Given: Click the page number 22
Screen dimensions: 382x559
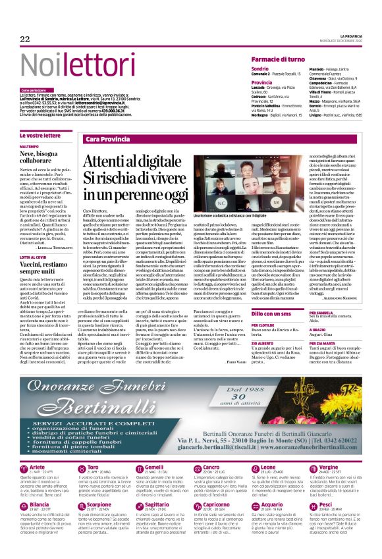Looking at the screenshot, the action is tap(25, 40).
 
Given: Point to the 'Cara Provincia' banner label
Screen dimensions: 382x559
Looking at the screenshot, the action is tap(107, 140).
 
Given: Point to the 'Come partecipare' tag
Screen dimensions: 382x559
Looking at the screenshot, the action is tap(34, 90).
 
